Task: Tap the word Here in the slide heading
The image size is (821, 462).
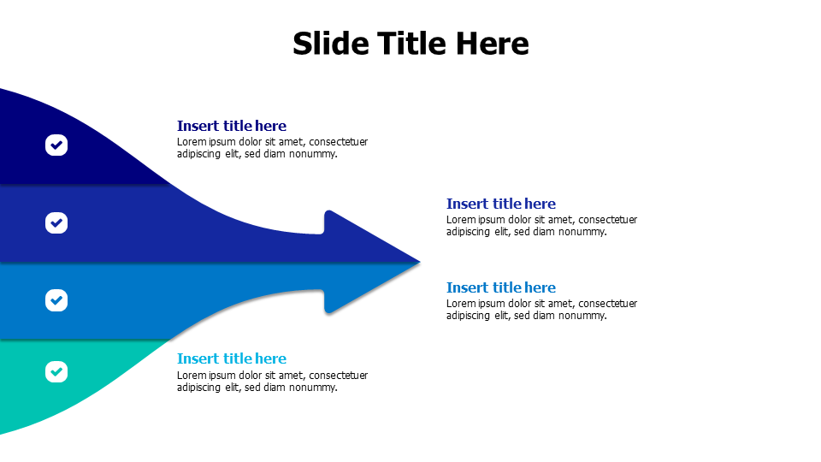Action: click(x=492, y=44)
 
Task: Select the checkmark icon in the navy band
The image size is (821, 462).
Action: click(x=56, y=145)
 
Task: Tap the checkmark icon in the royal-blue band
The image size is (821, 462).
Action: click(x=56, y=223)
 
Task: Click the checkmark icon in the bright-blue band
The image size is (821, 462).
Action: click(x=56, y=300)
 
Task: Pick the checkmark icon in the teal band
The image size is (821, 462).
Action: click(x=56, y=371)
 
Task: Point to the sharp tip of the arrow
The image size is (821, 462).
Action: click(x=418, y=262)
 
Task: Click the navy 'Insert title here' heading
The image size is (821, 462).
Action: click(x=231, y=126)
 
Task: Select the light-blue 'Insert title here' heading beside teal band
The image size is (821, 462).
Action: click(x=231, y=358)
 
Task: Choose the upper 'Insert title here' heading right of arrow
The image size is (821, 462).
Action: click(x=500, y=204)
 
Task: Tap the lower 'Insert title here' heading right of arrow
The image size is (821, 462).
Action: click(x=500, y=287)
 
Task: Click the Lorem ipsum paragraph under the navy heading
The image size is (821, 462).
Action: click(x=272, y=148)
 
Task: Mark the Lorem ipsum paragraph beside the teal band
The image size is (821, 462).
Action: click(x=272, y=381)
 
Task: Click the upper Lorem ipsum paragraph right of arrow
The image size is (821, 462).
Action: click(x=541, y=226)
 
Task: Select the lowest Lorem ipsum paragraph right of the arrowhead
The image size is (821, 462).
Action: click(x=541, y=310)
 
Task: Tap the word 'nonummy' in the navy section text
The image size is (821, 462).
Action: click(x=314, y=154)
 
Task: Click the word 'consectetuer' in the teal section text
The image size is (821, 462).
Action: click(x=338, y=375)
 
